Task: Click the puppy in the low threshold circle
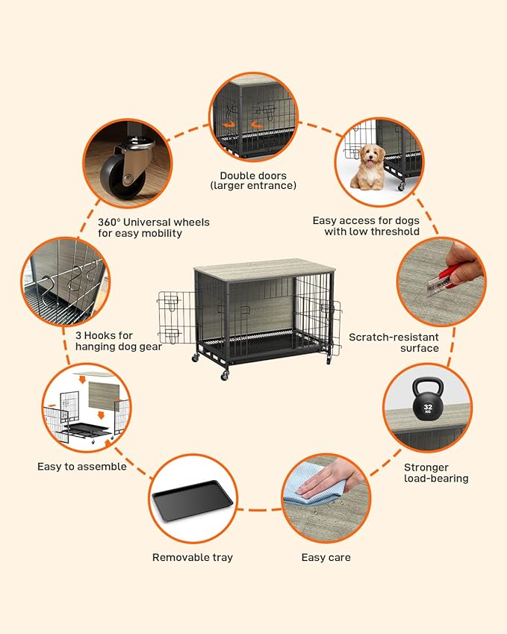(x=367, y=167)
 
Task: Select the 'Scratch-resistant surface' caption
(x=394, y=343)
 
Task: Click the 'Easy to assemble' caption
(x=82, y=467)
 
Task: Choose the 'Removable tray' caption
(x=193, y=557)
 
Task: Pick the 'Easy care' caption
(x=326, y=557)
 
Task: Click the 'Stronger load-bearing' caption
(x=436, y=473)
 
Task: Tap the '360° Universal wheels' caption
(x=154, y=228)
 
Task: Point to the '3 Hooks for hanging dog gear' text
(x=118, y=341)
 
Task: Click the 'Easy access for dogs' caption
(x=366, y=226)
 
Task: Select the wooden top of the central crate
(x=264, y=270)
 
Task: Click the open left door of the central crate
(x=176, y=317)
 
